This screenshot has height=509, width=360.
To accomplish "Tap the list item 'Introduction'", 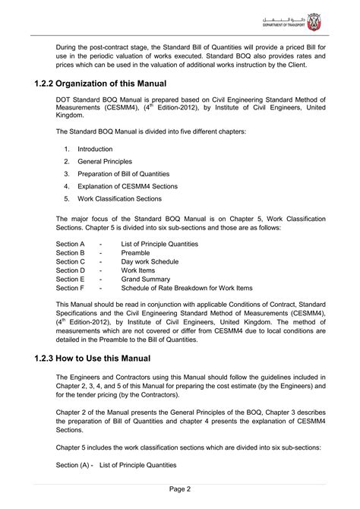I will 95,149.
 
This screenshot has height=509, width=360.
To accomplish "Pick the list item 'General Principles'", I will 104,162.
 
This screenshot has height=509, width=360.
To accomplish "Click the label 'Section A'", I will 71,244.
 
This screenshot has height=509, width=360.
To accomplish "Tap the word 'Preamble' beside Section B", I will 136,252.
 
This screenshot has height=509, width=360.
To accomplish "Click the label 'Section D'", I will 71,270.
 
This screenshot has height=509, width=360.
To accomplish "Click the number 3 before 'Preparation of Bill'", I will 67,174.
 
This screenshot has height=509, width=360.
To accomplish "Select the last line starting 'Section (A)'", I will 116,465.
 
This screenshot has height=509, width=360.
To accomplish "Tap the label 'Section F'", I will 71,288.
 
